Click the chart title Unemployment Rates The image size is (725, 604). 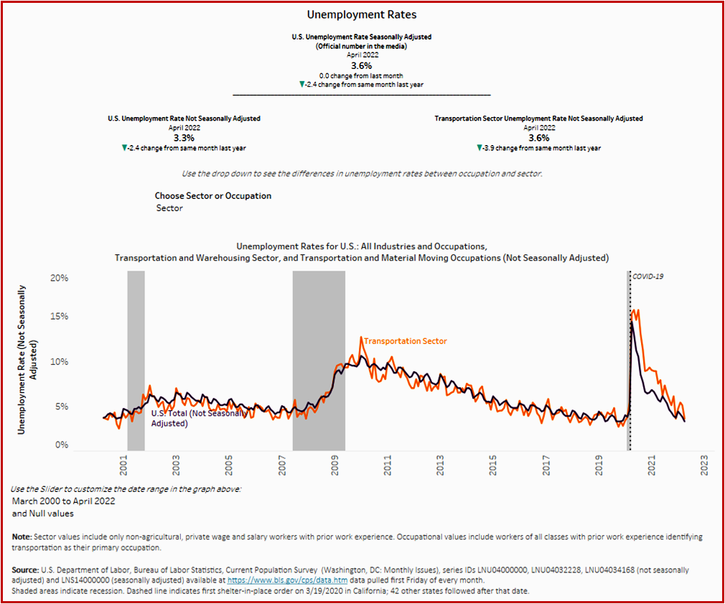click(362, 14)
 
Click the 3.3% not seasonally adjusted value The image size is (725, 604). click(184, 137)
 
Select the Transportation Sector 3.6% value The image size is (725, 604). click(538, 137)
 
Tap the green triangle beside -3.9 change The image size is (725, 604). click(480, 148)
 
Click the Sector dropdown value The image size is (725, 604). click(169, 208)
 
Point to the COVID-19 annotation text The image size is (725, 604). click(647, 276)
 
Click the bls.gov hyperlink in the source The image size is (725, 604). click(268, 579)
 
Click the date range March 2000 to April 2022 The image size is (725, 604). click(63, 501)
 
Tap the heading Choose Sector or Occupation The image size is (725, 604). click(212, 195)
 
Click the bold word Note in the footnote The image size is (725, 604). click(22, 537)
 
